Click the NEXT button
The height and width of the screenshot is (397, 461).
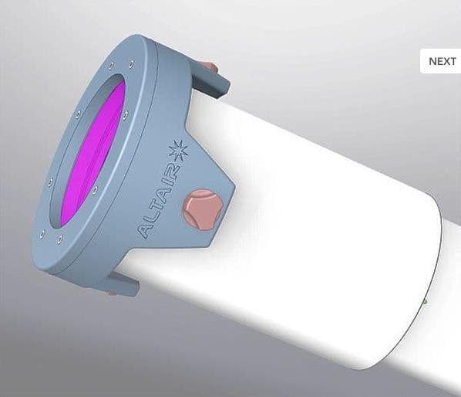pyautogui.click(x=442, y=61)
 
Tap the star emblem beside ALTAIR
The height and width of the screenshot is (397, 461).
pyautogui.click(x=178, y=151)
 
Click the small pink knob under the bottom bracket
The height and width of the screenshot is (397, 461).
pyautogui.click(x=112, y=293)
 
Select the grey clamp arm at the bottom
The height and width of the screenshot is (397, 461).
pyautogui.click(x=123, y=283)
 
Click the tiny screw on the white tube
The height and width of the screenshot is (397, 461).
pyautogui.click(x=425, y=301)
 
